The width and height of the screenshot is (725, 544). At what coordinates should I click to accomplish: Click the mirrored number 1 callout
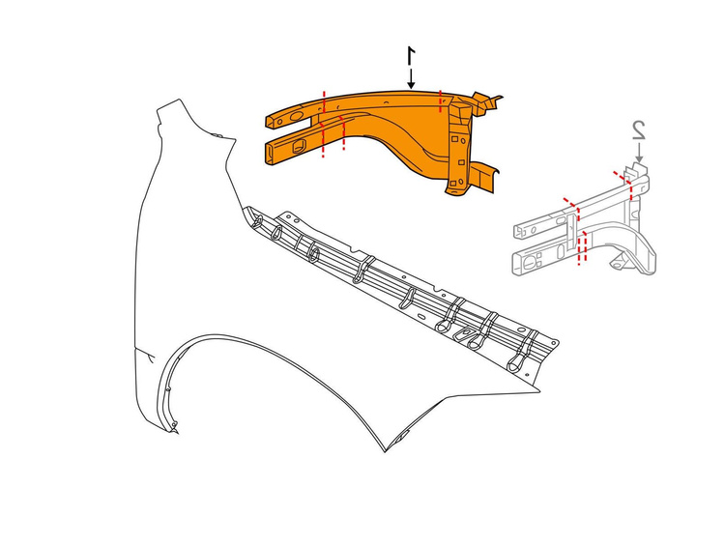tap(411, 56)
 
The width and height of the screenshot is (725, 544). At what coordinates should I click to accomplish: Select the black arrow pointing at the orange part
tap(411, 78)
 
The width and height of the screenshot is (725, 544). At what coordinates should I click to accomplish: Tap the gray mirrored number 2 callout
tap(640, 129)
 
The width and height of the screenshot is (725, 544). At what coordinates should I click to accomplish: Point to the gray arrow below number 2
tap(639, 153)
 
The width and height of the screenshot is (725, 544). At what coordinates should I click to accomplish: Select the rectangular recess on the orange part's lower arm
tap(299, 145)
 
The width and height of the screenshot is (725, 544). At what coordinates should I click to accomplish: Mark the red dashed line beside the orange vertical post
tap(440, 101)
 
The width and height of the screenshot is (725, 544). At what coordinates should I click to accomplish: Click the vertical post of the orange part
tap(458, 148)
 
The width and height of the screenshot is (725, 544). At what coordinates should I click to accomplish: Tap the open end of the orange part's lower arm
tap(269, 153)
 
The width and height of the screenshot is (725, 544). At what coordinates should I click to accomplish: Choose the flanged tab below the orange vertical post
tap(484, 177)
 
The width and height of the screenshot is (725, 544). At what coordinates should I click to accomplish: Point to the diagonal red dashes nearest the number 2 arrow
tap(621, 177)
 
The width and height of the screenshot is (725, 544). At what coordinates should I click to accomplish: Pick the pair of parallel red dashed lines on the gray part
tap(583, 248)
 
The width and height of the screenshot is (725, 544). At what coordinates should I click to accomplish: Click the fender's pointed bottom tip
tap(385, 451)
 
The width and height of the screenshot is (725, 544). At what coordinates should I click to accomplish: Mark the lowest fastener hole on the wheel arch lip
tap(174, 424)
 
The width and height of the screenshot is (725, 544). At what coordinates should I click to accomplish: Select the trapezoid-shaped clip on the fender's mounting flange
tap(463, 332)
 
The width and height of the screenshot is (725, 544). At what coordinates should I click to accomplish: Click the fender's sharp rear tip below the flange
tap(539, 391)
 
